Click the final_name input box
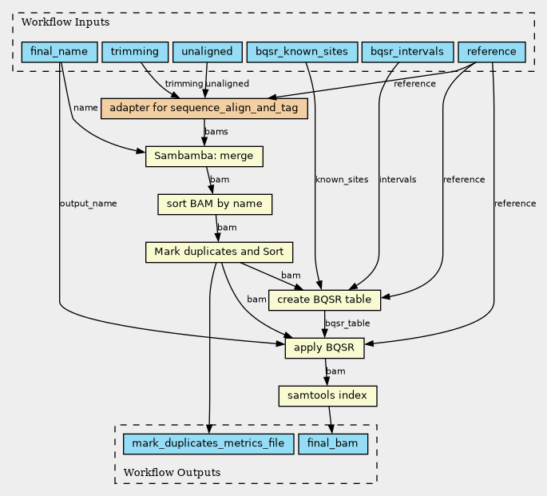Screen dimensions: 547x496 click(x=59, y=52)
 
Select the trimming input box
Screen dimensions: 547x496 click(x=135, y=52)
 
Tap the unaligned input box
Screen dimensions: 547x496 click(x=207, y=52)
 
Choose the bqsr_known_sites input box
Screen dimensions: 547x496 click(x=302, y=52)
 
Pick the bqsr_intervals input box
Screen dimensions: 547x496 click(x=407, y=52)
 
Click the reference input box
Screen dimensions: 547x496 click(x=492, y=52)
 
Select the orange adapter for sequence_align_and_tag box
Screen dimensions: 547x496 click(x=204, y=109)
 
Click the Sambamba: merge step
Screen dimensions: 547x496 click(x=204, y=157)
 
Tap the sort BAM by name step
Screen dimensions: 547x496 click(x=215, y=204)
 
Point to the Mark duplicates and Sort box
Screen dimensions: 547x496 click(x=219, y=252)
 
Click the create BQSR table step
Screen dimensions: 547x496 click(x=324, y=300)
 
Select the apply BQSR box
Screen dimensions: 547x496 click(x=324, y=347)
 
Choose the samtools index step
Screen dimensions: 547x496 click(x=327, y=396)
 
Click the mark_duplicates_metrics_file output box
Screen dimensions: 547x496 click(x=208, y=443)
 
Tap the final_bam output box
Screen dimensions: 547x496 click(x=333, y=443)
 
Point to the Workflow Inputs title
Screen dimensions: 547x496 click(x=65, y=22)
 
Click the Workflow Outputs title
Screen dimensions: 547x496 click(x=172, y=473)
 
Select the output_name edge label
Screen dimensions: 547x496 click(x=89, y=204)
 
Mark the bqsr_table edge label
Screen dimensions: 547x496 click(x=347, y=323)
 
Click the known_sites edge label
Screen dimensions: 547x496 click(x=342, y=180)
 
